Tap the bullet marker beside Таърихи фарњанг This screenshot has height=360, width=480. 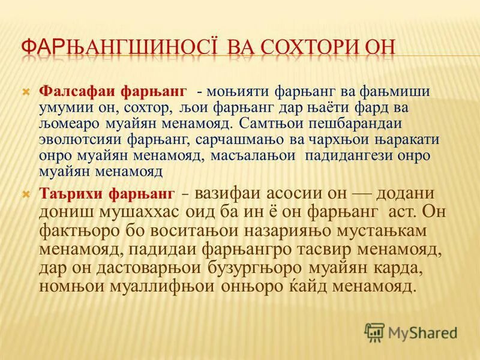[26, 194]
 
